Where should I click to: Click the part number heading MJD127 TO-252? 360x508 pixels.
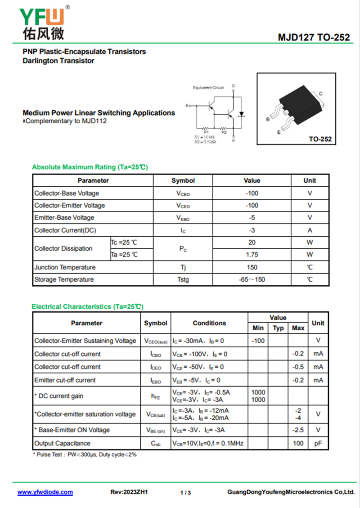[313, 37]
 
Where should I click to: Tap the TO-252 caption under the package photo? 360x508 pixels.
[320, 139]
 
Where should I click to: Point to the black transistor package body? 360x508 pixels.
[298, 101]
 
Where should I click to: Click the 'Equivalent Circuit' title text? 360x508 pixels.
[208, 87]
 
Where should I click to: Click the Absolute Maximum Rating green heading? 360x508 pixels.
[90, 167]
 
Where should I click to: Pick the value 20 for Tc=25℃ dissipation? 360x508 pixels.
[252, 243]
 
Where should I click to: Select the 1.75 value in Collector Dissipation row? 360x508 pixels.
[252, 255]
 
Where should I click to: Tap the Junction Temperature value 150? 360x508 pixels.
[252, 267]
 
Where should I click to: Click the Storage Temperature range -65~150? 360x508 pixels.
[252, 279]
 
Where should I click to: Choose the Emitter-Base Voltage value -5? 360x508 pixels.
[252, 218]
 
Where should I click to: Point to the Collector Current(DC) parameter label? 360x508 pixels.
[65, 230]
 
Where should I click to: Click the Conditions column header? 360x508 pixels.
[209, 323]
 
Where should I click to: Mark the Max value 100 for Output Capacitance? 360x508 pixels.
[298, 443]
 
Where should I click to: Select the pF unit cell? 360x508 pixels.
[318, 443]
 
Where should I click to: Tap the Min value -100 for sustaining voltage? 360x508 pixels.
[258, 341]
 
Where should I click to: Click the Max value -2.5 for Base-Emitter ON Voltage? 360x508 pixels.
[298, 430]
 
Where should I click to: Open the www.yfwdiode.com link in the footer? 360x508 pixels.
[45, 492]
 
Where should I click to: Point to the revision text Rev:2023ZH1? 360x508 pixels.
[129, 492]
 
